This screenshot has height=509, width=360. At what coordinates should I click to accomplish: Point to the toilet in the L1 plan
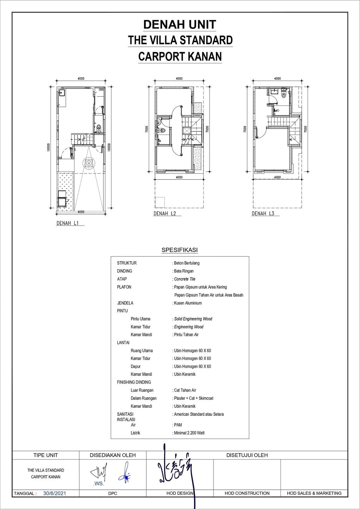(x=99, y=127)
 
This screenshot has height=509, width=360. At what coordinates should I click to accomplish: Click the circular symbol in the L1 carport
(x=88, y=163)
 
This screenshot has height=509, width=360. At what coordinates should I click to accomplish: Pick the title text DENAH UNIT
(x=180, y=25)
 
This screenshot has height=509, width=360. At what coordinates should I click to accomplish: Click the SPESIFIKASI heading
(x=180, y=250)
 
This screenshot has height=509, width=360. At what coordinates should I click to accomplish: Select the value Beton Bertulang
(x=187, y=263)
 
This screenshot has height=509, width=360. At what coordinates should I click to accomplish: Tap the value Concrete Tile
(x=185, y=279)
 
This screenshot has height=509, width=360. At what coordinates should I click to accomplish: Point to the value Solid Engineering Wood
(x=193, y=319)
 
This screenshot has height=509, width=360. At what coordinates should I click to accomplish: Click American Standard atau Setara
(x=199, y=414)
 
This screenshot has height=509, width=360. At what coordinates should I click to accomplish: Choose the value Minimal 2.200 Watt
(x=189, y=433)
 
